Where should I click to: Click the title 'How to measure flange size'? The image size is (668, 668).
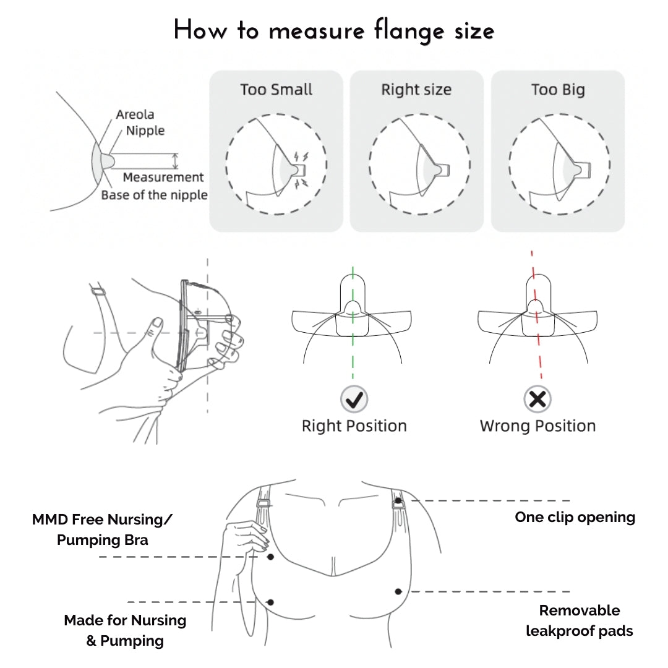(x=334, y=30)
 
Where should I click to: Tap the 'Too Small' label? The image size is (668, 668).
(x=276, y=90)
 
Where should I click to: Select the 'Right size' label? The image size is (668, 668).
(x=416, y=90)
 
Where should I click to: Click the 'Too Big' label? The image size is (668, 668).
(x=557, y=90)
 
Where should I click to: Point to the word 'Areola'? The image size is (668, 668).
(x=135, y=114)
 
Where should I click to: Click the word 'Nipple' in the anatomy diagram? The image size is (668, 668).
(x=145, y=131)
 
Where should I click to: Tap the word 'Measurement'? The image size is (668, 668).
(x=163, y=178)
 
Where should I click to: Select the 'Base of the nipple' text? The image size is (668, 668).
(x=154, y=195)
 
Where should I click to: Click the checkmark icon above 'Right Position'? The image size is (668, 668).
(x=354, y=400)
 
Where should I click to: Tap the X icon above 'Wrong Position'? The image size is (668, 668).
(x=537, y=400)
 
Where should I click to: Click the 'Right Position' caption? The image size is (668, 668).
(x=354, y=426)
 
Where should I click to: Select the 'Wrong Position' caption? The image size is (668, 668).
(x=537, y=426)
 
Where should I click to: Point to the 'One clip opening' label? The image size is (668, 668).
(x=575, y=517)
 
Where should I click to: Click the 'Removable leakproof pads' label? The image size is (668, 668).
(x=579, y=620)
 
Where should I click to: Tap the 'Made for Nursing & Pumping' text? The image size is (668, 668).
(x=125, y=630)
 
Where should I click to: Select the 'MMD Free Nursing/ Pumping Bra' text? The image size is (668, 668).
(x=103, y=529)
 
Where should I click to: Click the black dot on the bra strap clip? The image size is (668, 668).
(x=398, y=500)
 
